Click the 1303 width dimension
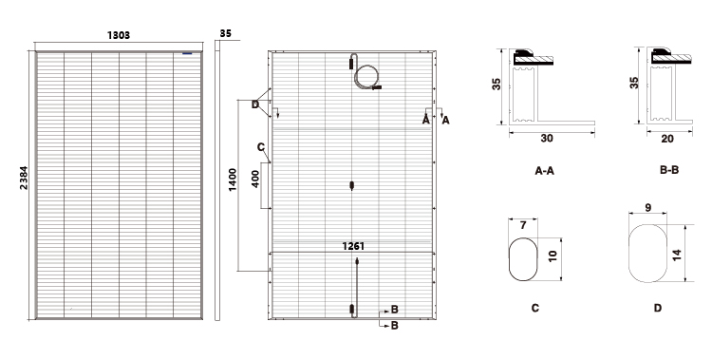119,35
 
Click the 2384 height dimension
24,178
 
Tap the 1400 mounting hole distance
233,180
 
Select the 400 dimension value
255,179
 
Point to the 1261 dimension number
353,246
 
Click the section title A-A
545,171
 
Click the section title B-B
669,170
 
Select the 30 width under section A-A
547,138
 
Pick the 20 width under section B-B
667,139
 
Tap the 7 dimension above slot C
523,225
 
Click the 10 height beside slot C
553,256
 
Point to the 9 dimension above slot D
648,208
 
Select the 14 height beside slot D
677,255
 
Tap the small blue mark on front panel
187,53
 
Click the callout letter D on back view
255,104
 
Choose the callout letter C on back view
261,147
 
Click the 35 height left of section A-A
497,84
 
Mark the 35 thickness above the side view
225,33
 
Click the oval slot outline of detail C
509,259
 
